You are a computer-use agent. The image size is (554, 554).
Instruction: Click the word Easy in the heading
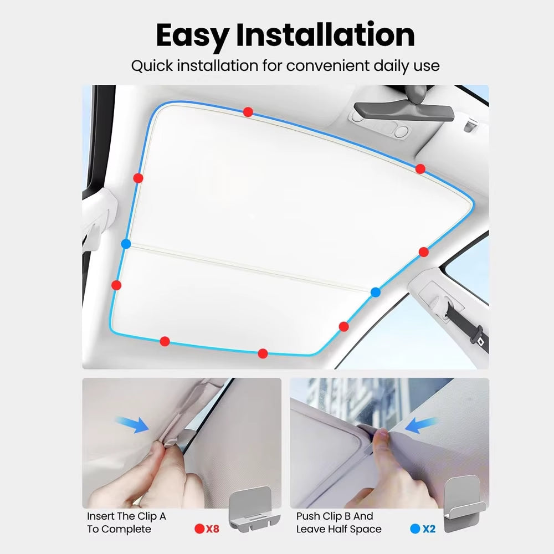pyautogui.click(x=192, y=35)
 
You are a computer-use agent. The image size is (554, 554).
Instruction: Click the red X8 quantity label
pyautogui.click(x=212, y=529)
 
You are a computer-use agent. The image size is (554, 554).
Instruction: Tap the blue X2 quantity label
pyautogui.click(x=429, y=529)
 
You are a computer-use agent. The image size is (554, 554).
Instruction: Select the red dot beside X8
pyautogui.click(x=199, y=529)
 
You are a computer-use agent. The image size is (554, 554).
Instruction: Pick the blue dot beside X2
pyautogui.click(x=415, y=529)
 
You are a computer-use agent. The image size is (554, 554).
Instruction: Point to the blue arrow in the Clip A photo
pyautogui.click(x=134, y=424)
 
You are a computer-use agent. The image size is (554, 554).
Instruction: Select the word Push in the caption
pyautogui.click(x=307, y=516)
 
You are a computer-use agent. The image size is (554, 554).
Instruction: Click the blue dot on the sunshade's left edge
pyautogui.click(x=126, y=244)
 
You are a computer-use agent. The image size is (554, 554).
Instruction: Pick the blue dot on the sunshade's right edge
pyautogui.click(x=376, y=292)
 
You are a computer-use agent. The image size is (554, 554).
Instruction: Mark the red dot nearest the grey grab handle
pyautogui.click(x=420, y=168)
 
